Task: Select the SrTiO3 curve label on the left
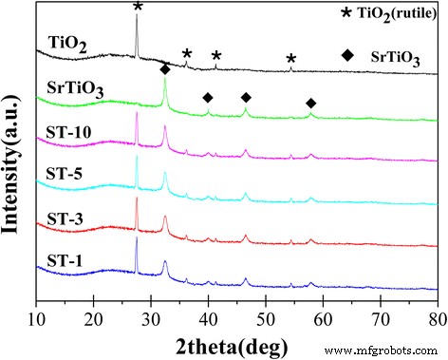click(75, 91)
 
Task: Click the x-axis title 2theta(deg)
click(236, 342)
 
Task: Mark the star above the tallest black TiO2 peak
click(138, 8)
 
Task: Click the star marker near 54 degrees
click(290, 59)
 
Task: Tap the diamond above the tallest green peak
click(165, 69)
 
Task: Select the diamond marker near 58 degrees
click(310, 103)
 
